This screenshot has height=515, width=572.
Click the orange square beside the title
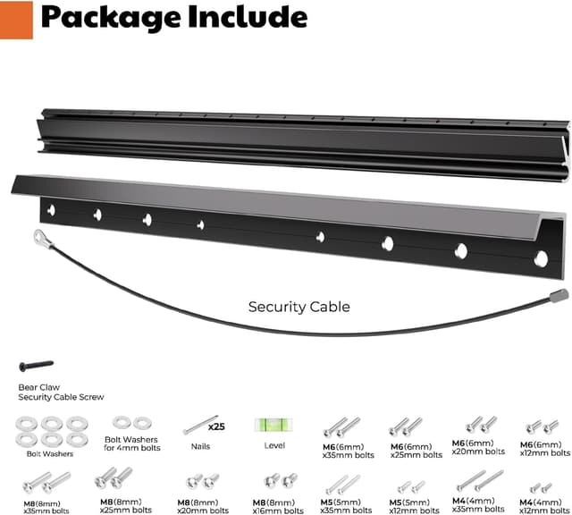coord(16,20)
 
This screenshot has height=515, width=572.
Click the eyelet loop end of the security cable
coord(40,237)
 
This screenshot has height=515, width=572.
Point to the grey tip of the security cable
coord(559,294)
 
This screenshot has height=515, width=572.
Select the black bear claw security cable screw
coord(36,366)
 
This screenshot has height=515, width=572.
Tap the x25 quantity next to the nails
coord(216,426)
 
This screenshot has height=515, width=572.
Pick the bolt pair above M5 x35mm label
coord(341,485)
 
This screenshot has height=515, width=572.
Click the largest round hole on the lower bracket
coord(541,258)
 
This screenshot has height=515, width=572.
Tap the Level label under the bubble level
coord(274,445)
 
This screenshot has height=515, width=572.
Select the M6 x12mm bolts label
coord(541,450)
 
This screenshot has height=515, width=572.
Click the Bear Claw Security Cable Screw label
coord(60,392)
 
